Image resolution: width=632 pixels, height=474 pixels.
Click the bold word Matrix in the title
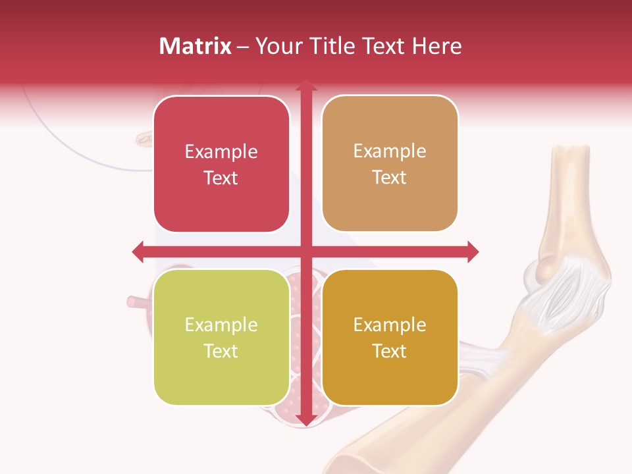(x=196, y=46)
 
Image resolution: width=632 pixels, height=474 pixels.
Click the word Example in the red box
(x=221, y=152)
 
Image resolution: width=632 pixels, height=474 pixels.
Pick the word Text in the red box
(x=221, y=178)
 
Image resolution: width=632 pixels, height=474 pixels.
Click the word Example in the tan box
(x=390, y=151)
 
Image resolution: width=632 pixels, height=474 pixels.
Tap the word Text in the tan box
(x=390, y=177)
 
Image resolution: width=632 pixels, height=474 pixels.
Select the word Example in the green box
(x=221, y=325)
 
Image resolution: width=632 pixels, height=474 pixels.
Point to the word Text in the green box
(x=221, y=351)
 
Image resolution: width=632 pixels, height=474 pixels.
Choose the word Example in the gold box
(x=390, y=325)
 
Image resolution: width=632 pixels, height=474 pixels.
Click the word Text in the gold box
(x=390, y=351)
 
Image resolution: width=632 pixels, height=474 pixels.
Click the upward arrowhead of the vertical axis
(x=305, y=85)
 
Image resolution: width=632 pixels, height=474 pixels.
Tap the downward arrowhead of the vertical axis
(x=305, y=419)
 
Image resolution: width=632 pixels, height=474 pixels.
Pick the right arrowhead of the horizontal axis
(x=472, y=251)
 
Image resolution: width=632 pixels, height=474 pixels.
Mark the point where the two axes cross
(x=305, y=251)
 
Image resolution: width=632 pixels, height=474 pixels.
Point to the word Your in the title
(x=276, y=46)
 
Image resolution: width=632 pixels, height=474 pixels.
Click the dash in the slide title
(x=243, y=46)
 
